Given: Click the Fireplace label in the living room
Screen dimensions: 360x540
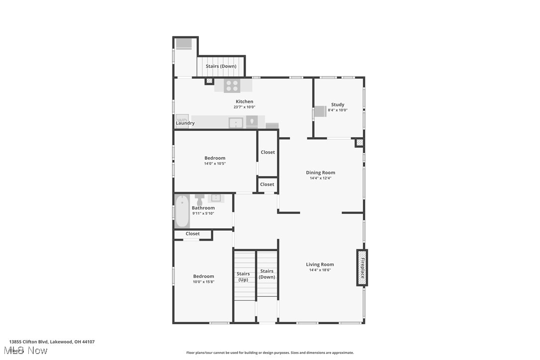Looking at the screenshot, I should point(362,268).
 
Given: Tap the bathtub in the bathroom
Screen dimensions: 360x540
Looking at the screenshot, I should point(182,211).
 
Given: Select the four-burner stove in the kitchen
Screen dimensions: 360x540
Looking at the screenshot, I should point(231,86).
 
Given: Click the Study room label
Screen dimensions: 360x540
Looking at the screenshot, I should point(338,104).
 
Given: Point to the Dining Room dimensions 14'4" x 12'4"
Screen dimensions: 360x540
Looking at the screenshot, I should point(320,178).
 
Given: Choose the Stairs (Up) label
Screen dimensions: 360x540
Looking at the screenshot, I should point(243,276).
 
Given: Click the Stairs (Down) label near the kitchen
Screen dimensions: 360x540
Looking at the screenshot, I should point(221,66).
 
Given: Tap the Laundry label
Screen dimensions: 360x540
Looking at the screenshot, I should point(185,123).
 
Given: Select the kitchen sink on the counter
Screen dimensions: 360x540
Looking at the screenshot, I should point(236,122).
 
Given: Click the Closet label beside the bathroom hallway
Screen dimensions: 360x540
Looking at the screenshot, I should point(267,184).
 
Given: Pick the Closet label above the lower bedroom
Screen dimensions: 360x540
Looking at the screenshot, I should point(193,234).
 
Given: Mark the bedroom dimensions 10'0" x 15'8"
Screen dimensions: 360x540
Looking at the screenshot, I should point(203,282).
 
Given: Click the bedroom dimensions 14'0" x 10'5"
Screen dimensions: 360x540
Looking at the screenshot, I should point(215,164).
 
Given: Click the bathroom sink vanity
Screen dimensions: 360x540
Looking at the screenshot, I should point(216,198).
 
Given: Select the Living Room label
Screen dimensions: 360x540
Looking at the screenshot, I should point(320,265).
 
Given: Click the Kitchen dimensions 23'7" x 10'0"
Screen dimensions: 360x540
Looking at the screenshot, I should point(244,107).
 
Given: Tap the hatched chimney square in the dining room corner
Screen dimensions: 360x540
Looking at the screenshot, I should point(359,143).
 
